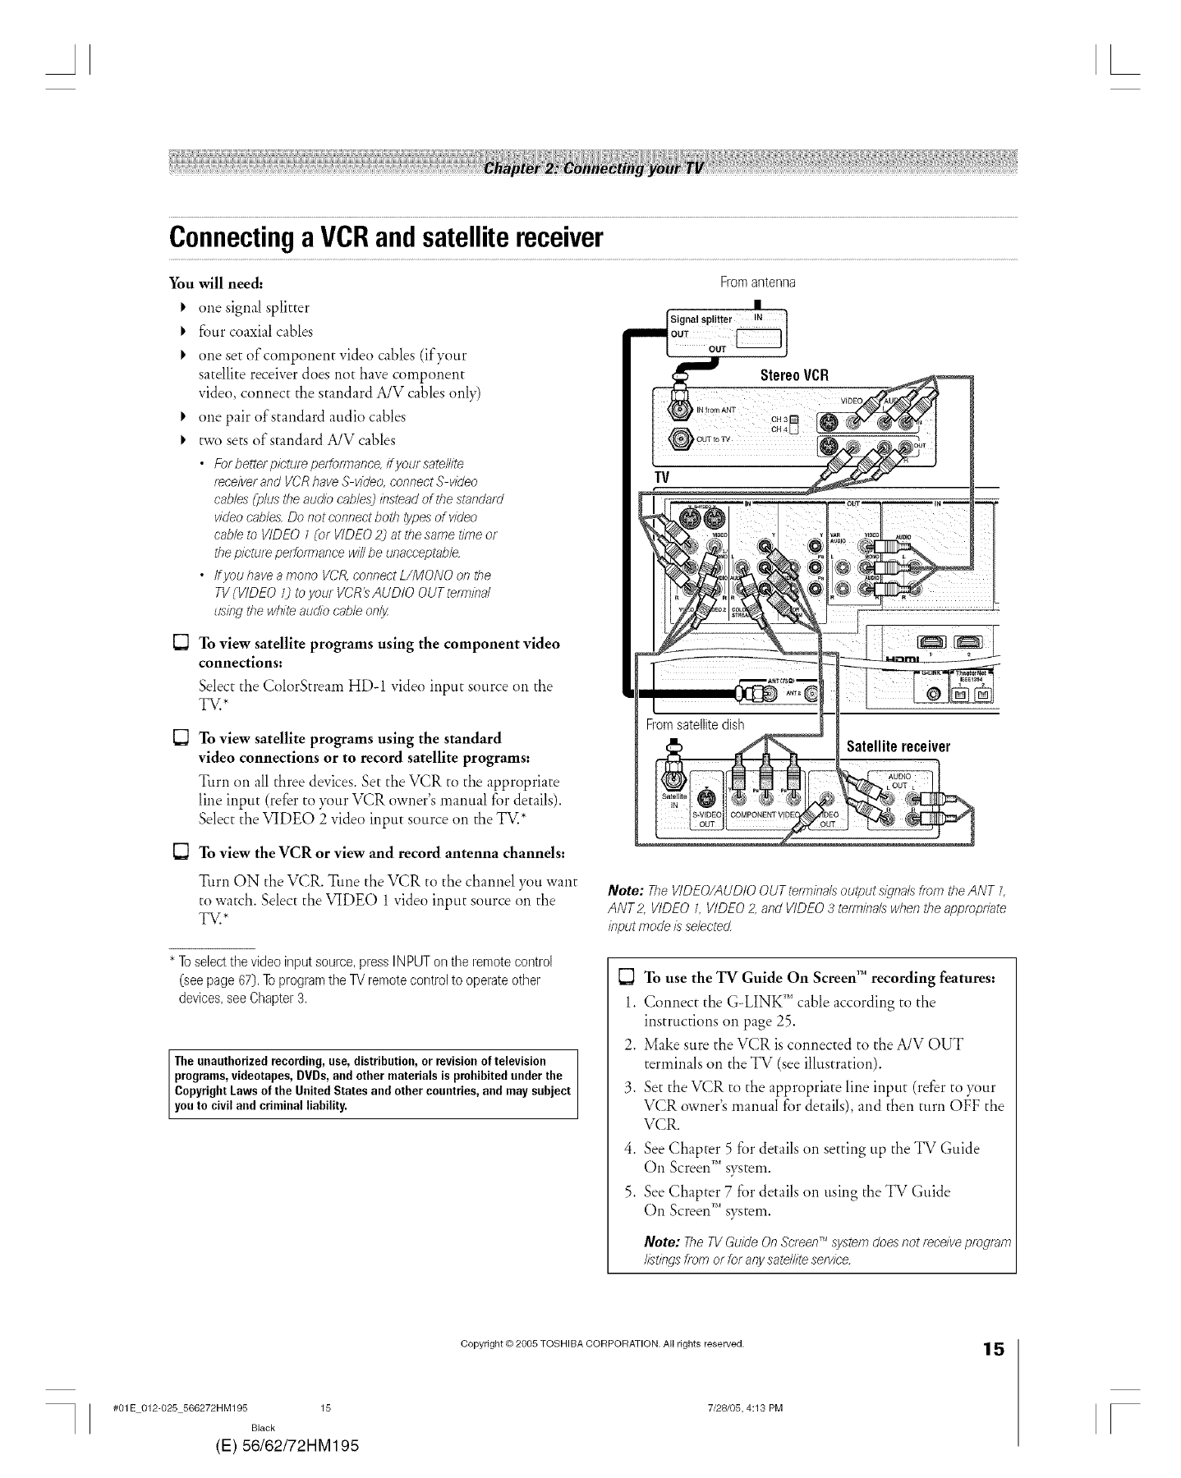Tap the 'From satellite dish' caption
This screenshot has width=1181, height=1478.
coord(695,724)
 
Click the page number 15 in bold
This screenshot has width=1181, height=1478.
coord(993,1349)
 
